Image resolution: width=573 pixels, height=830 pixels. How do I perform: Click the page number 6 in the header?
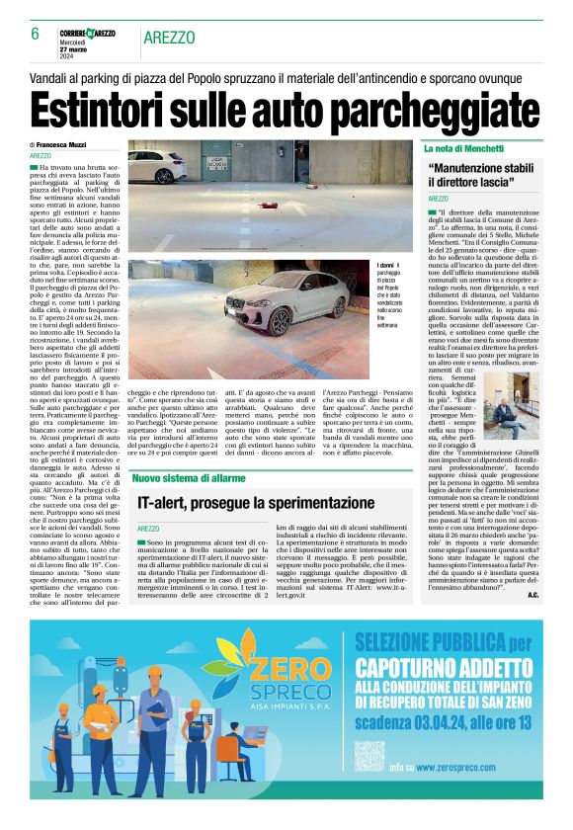tap(35, 35)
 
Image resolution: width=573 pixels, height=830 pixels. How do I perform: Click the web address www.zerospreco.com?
tap(472, 766)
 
